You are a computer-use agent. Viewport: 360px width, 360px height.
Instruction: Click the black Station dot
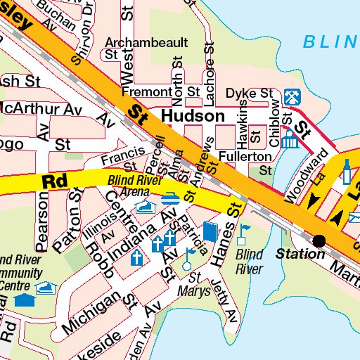(x=320, y=240)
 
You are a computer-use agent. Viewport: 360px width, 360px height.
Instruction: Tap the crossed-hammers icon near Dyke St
(x=290, y=95)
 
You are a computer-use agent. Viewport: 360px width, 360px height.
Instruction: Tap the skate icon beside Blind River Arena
(x=146, y=207)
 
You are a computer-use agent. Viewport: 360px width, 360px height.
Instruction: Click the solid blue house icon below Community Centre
(x=25, y=301)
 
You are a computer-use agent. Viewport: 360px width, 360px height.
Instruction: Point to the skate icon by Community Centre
(x=46, y=287)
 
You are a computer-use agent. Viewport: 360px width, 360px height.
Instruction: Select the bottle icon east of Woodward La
(x=346, y=170)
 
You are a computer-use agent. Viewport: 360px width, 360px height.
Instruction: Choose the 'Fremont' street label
(x=146, y=92)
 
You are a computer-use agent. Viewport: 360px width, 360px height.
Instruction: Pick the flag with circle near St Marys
(x=188, y=256)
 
